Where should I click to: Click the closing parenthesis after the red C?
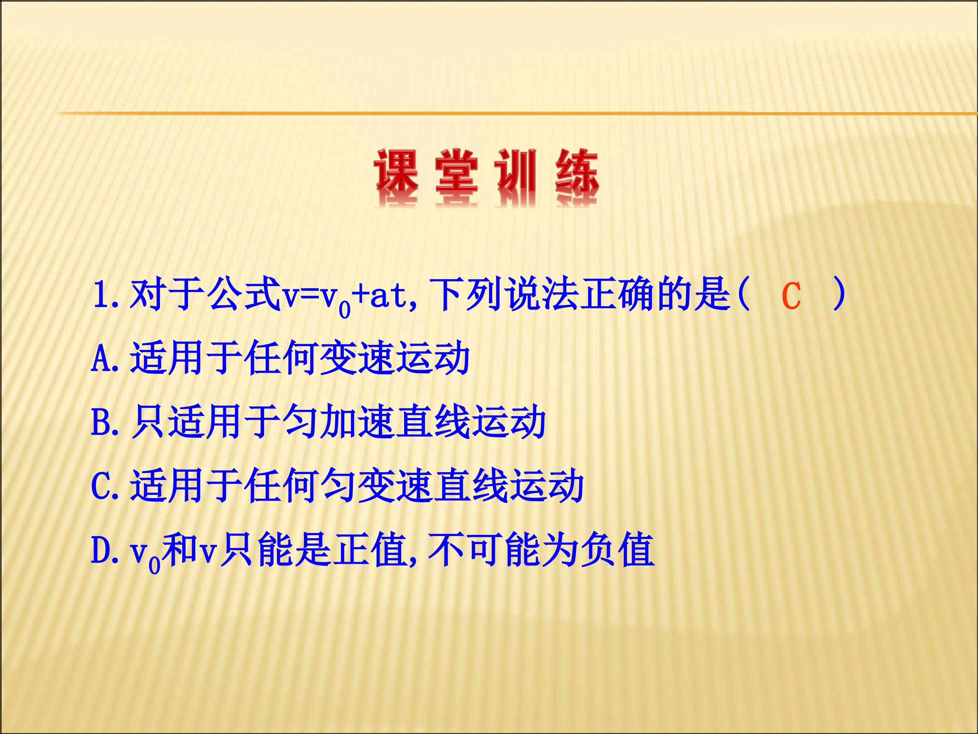point(839,295)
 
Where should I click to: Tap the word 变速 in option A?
point(356,359)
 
